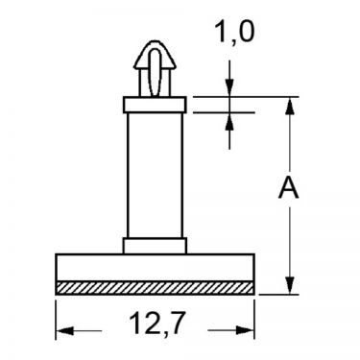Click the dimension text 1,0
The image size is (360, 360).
[234, 33]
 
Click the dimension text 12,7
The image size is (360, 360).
[157, 324]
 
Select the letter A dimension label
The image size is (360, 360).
[289, 188]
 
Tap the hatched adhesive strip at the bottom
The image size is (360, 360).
[155, 288]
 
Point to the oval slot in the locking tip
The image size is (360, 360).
[155, 72]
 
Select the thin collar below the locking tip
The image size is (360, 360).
[155, 105]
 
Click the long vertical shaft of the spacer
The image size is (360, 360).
[155, 176]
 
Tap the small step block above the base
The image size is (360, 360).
[155, 246]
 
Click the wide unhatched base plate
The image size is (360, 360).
[155, 268]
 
